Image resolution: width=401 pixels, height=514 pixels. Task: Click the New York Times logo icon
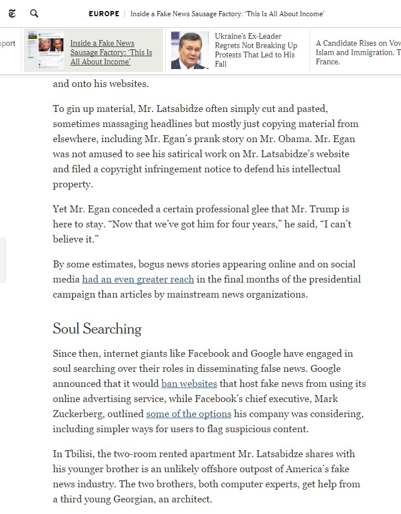(12, 13)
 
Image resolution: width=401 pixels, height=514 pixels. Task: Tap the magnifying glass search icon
(34, 13)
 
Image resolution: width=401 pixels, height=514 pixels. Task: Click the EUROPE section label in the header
(104, 13)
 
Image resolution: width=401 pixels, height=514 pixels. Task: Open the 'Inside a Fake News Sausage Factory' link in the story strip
(111, 52)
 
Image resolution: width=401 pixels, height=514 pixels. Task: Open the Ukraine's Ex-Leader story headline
(256, 50)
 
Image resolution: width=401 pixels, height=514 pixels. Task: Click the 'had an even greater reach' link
(138, 279)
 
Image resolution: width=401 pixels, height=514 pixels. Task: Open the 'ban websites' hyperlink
(189, 383)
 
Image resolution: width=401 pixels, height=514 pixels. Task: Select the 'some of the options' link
(189, 414)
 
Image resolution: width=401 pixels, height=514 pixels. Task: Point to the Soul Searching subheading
(97, 329)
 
